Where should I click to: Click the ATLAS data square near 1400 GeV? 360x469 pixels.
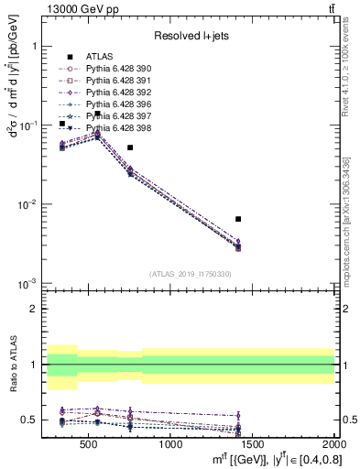[238, 219]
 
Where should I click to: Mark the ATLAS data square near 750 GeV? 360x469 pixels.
[130, 147]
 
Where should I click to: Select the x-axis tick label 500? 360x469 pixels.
[89, 445]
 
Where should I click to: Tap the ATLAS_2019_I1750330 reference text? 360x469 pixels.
[191, 274]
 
